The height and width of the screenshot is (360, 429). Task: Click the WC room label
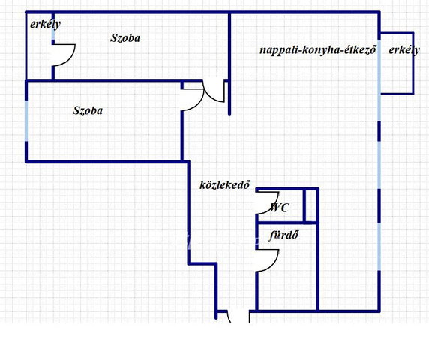coord(279,208)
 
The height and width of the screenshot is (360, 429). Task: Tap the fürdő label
coord(283,235)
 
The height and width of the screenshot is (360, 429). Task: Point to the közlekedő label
coord(225,185)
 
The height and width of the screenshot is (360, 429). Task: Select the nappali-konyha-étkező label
coord(318,50)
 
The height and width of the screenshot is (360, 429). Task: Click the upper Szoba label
coord(125,38)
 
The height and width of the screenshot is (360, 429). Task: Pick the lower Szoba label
coord(88,110)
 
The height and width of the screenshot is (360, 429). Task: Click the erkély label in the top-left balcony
coord(45,24)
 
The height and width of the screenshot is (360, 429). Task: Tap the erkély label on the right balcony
coord(404,50)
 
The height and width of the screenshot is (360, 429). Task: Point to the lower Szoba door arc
coord(199,103)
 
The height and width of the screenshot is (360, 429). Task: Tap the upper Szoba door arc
coord(209,96)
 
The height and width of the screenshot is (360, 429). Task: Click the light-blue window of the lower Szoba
coord(26,121)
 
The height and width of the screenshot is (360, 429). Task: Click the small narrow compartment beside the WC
coord(310,206)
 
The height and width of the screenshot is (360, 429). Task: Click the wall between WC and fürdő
coord(286,223)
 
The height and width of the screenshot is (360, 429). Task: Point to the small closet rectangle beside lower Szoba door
coord(193,85)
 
